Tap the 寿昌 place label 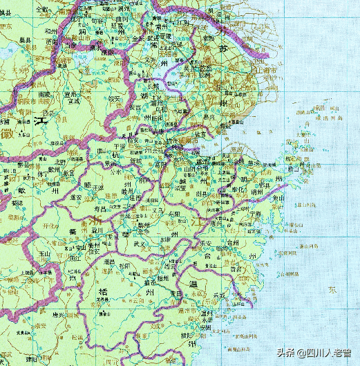(x=102, y=208)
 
